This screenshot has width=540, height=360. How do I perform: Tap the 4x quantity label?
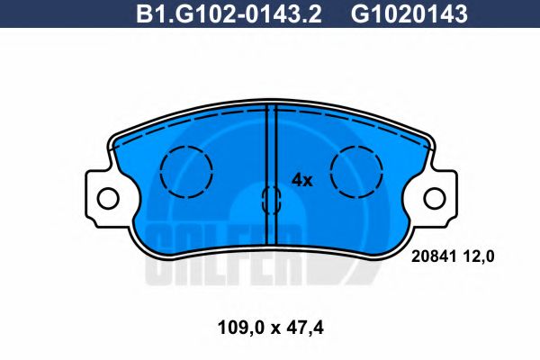tap(301, 180)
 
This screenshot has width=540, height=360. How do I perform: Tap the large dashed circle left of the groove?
tap(186, 168)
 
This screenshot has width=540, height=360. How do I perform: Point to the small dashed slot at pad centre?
tap(269, 199)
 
